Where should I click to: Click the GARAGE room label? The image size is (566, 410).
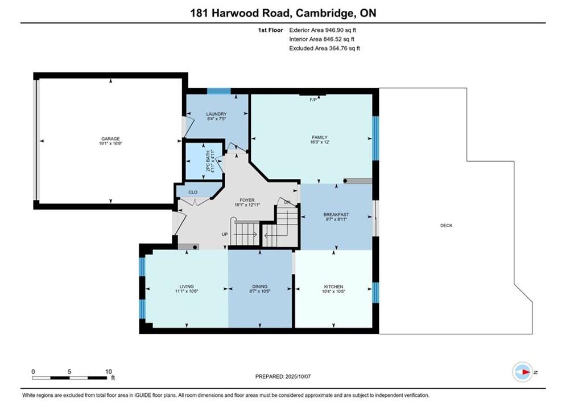110,139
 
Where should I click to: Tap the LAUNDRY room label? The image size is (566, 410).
217,114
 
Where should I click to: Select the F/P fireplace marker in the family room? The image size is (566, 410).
313,100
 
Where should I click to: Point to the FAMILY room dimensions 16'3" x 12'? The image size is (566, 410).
320,142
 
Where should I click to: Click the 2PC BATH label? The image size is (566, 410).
208,161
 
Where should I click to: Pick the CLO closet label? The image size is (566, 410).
193,192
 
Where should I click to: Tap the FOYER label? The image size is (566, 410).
247,200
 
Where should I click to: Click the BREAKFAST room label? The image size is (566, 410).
336,215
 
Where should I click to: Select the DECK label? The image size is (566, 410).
446,225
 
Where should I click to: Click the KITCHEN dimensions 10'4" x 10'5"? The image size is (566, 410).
333,291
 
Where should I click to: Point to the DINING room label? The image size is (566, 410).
260,286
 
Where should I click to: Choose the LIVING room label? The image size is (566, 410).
187,286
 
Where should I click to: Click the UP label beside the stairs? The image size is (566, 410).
225,235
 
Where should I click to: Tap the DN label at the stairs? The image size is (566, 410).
287,202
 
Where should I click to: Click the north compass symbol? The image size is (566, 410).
522,372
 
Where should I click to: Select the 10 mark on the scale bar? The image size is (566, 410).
109,371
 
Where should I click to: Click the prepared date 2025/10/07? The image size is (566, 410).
298,376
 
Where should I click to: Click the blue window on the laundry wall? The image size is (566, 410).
219,91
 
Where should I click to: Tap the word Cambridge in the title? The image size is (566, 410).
324,13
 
